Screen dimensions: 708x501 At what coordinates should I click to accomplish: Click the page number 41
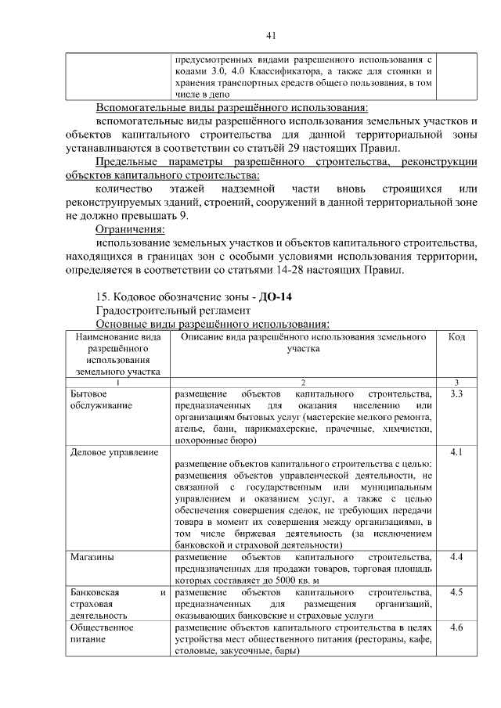[271, 35]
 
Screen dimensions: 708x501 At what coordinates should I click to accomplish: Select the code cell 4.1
[457, 452]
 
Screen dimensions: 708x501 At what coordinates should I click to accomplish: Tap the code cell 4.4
[457, 557]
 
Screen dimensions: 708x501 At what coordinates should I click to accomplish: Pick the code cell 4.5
[457, 592]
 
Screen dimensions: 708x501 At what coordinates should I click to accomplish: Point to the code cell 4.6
[457, 627]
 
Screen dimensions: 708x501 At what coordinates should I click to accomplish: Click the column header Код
[457, 336]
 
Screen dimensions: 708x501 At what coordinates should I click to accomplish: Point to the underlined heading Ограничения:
[130, 229]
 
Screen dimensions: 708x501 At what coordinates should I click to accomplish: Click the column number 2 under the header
[303, 382]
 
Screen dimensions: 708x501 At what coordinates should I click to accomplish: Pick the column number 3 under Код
[457, 382]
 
